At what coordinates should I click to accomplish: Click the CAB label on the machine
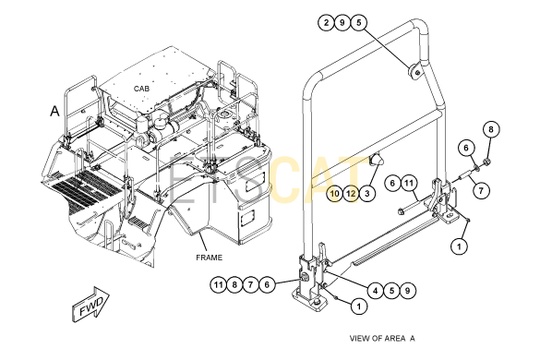(x=142, y=89)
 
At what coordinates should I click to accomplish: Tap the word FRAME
(x=209, y=257)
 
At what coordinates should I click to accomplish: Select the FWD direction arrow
(x=91, y=304)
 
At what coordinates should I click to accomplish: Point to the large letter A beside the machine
(x=55, y=111)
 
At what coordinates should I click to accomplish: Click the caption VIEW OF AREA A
(x=382, y=338)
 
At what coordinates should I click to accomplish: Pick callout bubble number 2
(x=326, y=23)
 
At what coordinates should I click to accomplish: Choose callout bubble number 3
(x=367, y=193)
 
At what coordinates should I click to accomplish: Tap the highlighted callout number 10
(x=335, y=193)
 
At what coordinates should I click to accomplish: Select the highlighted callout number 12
(x=351, y=193)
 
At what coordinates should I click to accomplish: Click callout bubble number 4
(x=375, y=291)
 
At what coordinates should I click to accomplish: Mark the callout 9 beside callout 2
(x=342, y=23)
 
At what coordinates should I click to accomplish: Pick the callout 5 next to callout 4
(x=392, y=291)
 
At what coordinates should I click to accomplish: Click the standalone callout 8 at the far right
(x=491, y=130)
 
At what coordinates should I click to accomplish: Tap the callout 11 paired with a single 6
(x=408, y=183)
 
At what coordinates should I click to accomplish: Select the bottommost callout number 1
(x=359, y=306)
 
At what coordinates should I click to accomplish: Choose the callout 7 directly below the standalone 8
(x=481, y=189)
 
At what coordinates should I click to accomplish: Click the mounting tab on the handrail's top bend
(x=415, y=71)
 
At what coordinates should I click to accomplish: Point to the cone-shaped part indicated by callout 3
(x=375, y=160)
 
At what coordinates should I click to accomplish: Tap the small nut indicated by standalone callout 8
(x=487, y=161)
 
